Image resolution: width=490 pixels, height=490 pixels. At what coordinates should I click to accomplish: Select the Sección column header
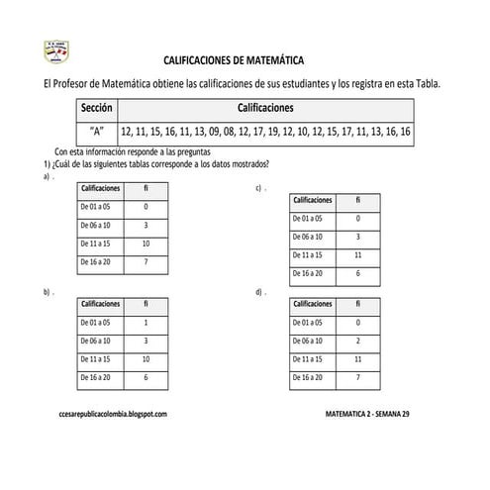click(x=100, y=108)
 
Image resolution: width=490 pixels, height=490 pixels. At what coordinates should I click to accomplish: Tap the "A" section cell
click(x=99, y=131)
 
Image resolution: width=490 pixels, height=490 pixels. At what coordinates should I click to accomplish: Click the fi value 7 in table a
click(x=146, y=262)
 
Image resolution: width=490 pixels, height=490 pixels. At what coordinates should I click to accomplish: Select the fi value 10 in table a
click(x=146, y=244)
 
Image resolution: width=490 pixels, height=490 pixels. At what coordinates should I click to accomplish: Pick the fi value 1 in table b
click(x=146, y=322)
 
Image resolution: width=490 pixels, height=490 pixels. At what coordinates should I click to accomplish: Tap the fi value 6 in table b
click(x=146, y=377)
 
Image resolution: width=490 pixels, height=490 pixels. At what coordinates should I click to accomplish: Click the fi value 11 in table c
click(x=357, y=254)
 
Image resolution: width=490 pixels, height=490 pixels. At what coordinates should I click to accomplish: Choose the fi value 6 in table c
click(x=357, y=273)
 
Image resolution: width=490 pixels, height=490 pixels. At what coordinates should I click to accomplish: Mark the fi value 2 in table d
click(x=357, y=341)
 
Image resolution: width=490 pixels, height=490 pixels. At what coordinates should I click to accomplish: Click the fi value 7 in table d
click(x=357, y=377)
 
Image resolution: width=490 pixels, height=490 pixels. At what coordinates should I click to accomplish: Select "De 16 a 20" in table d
click(x=309, y=377)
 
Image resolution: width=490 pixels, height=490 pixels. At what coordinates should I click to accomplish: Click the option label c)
click(x=259, y=187)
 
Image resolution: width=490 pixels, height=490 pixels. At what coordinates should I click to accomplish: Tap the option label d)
click(x=259, y=293)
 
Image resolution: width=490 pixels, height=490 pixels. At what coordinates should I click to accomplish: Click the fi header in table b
click(x=146, y=303)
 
